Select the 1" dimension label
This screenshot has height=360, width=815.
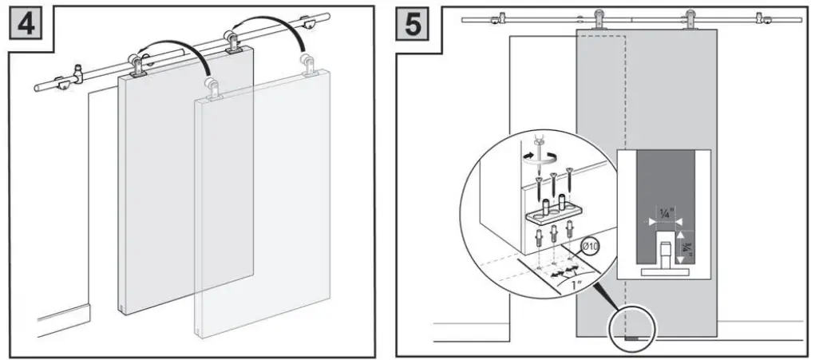click(x=587, y=284)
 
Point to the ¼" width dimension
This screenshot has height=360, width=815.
click(x=665, y=212)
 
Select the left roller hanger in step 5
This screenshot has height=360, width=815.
click(x=598, y=18)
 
